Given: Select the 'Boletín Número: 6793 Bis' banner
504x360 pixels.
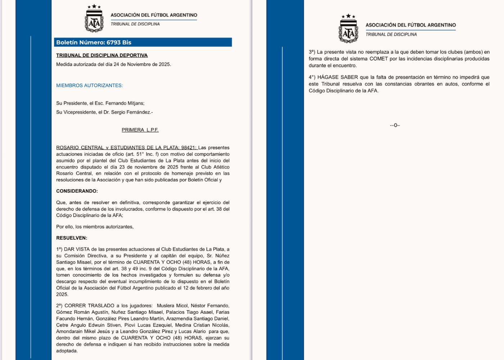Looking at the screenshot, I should [x=94, y=42].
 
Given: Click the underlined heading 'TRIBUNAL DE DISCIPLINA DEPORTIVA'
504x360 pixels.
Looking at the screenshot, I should [x=102, y=55].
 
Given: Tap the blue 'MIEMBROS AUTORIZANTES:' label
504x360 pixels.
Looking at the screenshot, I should [x=89, y=86].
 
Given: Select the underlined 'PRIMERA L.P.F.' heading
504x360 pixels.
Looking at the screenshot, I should [x=140, y=130].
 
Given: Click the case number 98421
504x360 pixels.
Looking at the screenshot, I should [x=188, y=148].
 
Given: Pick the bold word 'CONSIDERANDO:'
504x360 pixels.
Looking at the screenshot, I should [x=77, y=191].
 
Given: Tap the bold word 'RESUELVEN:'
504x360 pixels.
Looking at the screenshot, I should [x=72, y=238].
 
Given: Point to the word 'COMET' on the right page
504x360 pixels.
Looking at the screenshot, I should [x=378, y=59].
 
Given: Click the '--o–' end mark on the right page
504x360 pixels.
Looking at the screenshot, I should [x=395, y=125].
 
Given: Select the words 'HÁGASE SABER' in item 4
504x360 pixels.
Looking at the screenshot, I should [x=338, y=77].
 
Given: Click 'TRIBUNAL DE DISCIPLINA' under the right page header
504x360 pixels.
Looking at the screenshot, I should [x=391, y=35].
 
